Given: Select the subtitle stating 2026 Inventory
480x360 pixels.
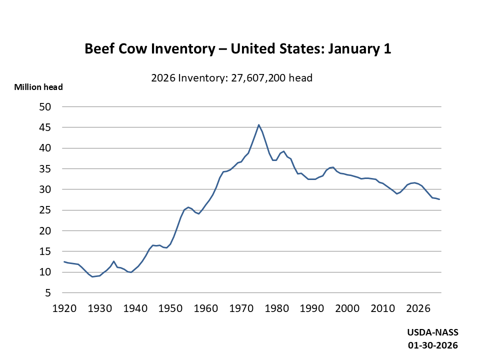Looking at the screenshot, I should click(231, 78).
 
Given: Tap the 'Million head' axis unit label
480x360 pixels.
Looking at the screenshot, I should click(38, 87).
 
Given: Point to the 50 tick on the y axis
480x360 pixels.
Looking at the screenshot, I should click(45, 107).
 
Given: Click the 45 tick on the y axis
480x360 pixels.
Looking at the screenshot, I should click(45, 127).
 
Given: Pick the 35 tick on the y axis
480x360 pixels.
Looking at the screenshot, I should click(45, 169).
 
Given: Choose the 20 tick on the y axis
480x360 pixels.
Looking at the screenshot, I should click(45, 231).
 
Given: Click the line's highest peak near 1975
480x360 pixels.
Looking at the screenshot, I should click(258, 125).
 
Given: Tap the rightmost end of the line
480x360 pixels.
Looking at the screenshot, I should click(439, 199).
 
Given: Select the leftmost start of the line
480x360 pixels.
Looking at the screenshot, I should click(64, 261).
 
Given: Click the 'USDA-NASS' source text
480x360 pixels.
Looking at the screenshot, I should click(432, 332).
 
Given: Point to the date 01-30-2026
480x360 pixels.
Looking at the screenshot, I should click(432, 345).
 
